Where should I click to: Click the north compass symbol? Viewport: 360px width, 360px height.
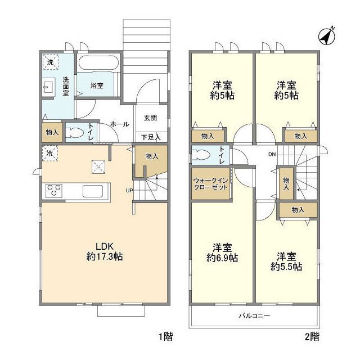[x=327, y=36]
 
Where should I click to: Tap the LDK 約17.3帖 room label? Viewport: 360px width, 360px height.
[x=105, y=251]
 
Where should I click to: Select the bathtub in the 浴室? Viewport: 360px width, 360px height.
[x=98, y=62]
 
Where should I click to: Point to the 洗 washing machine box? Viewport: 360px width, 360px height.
[x=50, y=62]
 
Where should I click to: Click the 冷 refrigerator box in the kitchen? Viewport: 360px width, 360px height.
[x=50, y=153]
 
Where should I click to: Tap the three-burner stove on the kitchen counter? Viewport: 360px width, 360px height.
[x=54, y=190]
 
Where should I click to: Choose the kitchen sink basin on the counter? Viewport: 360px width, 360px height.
[x=93, y=191]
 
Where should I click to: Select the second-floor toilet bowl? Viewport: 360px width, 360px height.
[x=201, y=155]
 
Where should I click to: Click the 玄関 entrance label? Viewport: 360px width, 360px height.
[x=150, y=118]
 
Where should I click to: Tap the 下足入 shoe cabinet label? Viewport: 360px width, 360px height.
[x=151, y=137]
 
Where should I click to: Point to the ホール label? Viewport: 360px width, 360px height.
[x=120, y=124]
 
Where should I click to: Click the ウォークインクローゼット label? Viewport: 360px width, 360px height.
[x=210, y=184]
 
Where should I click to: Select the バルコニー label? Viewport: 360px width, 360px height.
[x=254, y=316]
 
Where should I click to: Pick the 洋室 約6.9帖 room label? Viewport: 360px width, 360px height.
[x=222, y=253]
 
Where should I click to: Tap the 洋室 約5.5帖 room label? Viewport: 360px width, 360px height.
[x=286, y=262]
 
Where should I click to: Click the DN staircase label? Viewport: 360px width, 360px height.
[x=272, y=154]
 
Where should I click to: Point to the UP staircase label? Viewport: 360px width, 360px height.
[x=129, y=190]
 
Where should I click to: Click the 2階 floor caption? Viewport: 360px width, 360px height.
[x=312, y=336]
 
